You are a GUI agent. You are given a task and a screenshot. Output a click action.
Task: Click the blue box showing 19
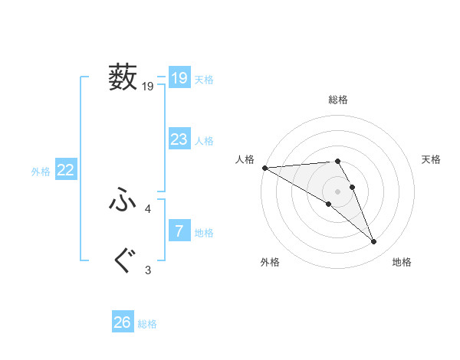[179, 77]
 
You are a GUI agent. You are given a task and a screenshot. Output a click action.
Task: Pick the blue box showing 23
[179, 139]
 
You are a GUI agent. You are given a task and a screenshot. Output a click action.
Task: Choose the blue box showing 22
[65, 170]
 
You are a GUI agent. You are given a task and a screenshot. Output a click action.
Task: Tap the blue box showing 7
[179, 231]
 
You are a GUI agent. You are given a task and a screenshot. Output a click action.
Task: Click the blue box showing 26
[123, 322]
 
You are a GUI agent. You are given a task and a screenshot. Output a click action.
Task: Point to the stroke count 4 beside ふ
[148, 208]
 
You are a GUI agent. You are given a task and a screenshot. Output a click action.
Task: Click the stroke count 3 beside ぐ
[148, 270]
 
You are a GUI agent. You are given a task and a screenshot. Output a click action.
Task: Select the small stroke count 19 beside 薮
[148, 87]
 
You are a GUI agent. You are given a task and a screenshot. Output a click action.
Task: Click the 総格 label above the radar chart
[338, 100]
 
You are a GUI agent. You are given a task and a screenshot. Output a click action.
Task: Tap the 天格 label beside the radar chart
[432, 159]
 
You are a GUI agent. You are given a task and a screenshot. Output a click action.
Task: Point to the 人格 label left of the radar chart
[245, 159]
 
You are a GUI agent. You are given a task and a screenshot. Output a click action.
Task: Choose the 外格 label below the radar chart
[270, 262]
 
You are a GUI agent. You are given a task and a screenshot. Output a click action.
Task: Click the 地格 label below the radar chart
[402, 262]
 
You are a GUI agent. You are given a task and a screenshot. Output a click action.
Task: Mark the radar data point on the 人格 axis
[264, 167]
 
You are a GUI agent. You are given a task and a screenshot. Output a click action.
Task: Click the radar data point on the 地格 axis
[374, 242]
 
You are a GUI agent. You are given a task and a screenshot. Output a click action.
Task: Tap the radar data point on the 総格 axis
[337, 161]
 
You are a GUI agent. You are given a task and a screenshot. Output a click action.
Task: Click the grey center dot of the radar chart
[337, 191]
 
